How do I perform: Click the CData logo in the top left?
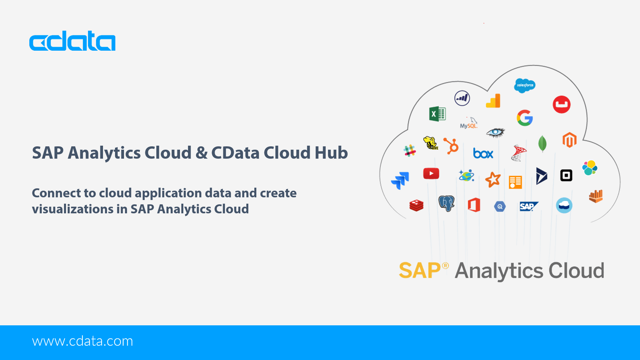[x=72, y=41]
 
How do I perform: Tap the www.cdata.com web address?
[x=82, y=341]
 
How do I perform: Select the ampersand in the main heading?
[x=201, y=153]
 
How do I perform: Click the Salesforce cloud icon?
[x=525, y=86]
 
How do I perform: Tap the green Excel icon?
[x=437, y=114]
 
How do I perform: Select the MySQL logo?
[x=469, y=123]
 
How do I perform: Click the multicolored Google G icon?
[x=525, y=118]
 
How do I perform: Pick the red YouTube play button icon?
[x=431, y=173]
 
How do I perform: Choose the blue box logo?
[x=483, y=153]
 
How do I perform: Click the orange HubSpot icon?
[x=451, y=146]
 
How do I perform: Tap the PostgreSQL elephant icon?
[x=447, y=203]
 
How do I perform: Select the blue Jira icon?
[x=400, y=180]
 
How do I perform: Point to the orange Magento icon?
[x=569, y=140]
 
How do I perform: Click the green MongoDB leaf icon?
[x=542, y=144]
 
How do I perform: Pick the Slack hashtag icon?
[x=410, y=151]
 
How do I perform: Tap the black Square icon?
[x=566, y=175]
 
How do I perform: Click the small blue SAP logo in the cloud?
[x=529, y=206]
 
